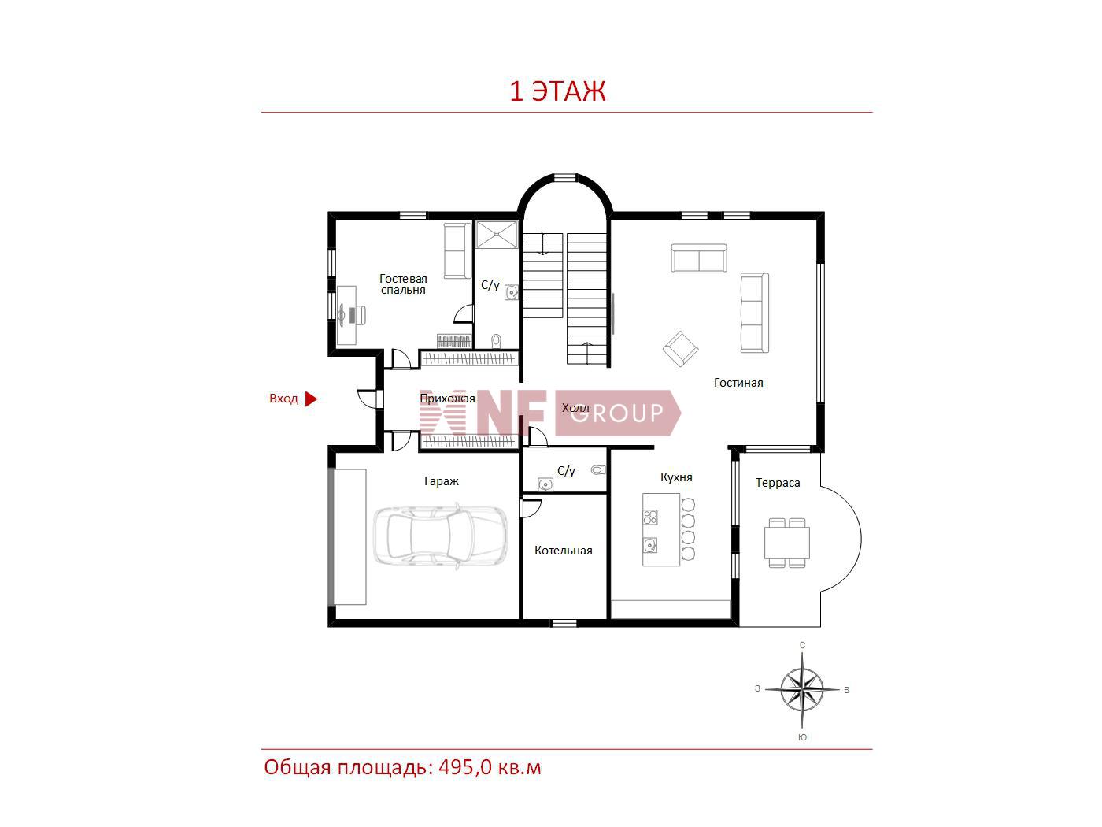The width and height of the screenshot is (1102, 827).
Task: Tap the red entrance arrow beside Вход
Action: coord(311,399)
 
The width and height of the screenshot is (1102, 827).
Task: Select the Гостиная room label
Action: coord(738,383)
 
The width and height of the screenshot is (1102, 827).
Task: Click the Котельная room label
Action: coord(563,551)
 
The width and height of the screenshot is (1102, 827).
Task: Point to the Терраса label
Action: coord(777,483)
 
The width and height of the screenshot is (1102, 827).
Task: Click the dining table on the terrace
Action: coord(786,543)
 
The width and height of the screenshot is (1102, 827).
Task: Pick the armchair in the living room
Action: coord(680,348)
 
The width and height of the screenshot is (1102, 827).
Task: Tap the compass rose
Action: coord(801,690)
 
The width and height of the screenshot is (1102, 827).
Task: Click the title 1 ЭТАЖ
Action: coord(557,91)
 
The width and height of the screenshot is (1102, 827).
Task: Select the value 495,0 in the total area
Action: coord(465,768)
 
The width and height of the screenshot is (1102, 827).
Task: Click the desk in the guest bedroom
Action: coord(346,315)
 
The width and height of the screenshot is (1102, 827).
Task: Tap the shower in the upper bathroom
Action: coord(497,235)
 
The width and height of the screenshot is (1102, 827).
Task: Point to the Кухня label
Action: coord(675,477)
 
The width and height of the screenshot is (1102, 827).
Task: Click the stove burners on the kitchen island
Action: coord(650,517)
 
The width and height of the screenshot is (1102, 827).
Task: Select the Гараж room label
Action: coord(442,481)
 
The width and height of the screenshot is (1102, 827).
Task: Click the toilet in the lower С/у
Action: coord(598,470)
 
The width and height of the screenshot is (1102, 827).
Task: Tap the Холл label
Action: coord(575,408)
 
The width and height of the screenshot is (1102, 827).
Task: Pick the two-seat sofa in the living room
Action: coord(699,258)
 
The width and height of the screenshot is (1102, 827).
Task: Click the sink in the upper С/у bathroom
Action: coord(511,292)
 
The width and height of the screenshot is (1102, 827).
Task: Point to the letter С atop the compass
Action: coord(802,646)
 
